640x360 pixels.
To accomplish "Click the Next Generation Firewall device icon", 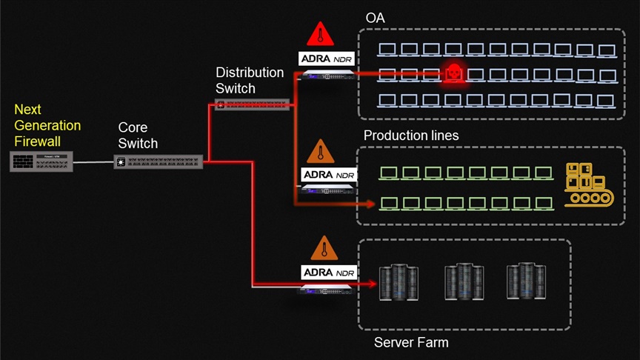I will coord(41,161).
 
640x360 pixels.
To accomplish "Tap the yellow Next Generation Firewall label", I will coord(47,126).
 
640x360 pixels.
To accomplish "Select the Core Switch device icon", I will coord(159,161).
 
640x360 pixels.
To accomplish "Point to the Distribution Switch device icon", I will coord(252,104).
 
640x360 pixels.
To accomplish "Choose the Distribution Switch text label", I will coord(250,80).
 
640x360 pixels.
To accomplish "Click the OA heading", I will coord(376,17).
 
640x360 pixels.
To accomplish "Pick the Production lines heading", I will coord(411,136).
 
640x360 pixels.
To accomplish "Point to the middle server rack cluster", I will coord(464,281).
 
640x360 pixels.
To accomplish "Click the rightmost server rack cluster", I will coord(527,281).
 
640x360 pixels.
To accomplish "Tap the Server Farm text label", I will coord(411,342).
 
